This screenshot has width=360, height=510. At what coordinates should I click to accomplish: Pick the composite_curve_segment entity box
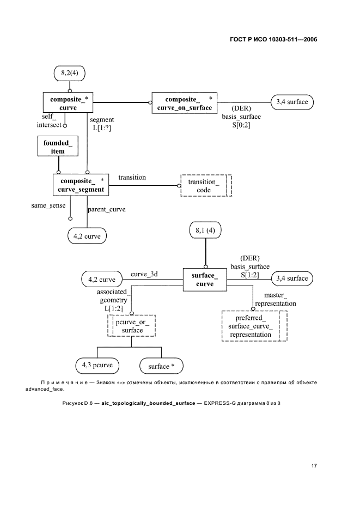coord(80,185)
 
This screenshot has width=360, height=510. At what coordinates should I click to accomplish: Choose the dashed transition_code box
coord(206,185)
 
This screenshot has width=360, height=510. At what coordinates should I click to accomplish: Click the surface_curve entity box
coord(205,280)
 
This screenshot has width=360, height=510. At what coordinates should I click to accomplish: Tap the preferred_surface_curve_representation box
coord(254,325)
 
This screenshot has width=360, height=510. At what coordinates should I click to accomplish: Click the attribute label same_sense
coord(48,205)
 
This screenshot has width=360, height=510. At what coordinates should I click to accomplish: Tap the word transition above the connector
coord(132,177)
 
